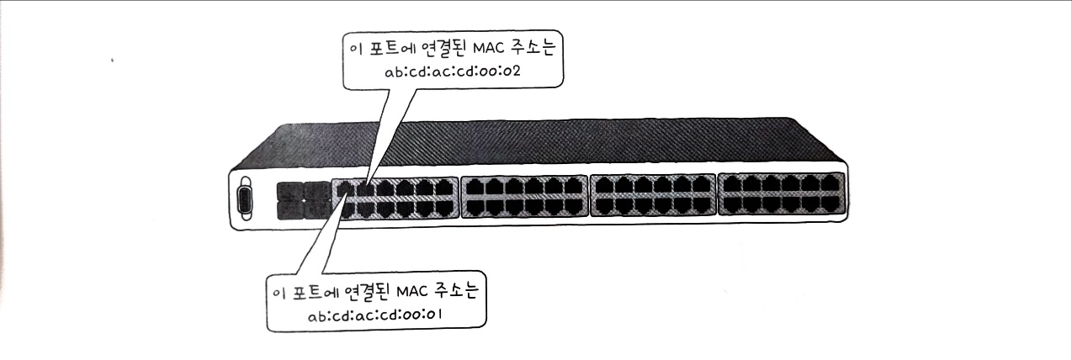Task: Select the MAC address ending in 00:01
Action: coord(375,315)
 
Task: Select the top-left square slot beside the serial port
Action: coord(288,190)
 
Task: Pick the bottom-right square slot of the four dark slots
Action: coord(316,209)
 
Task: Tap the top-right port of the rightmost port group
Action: coord(832,183)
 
